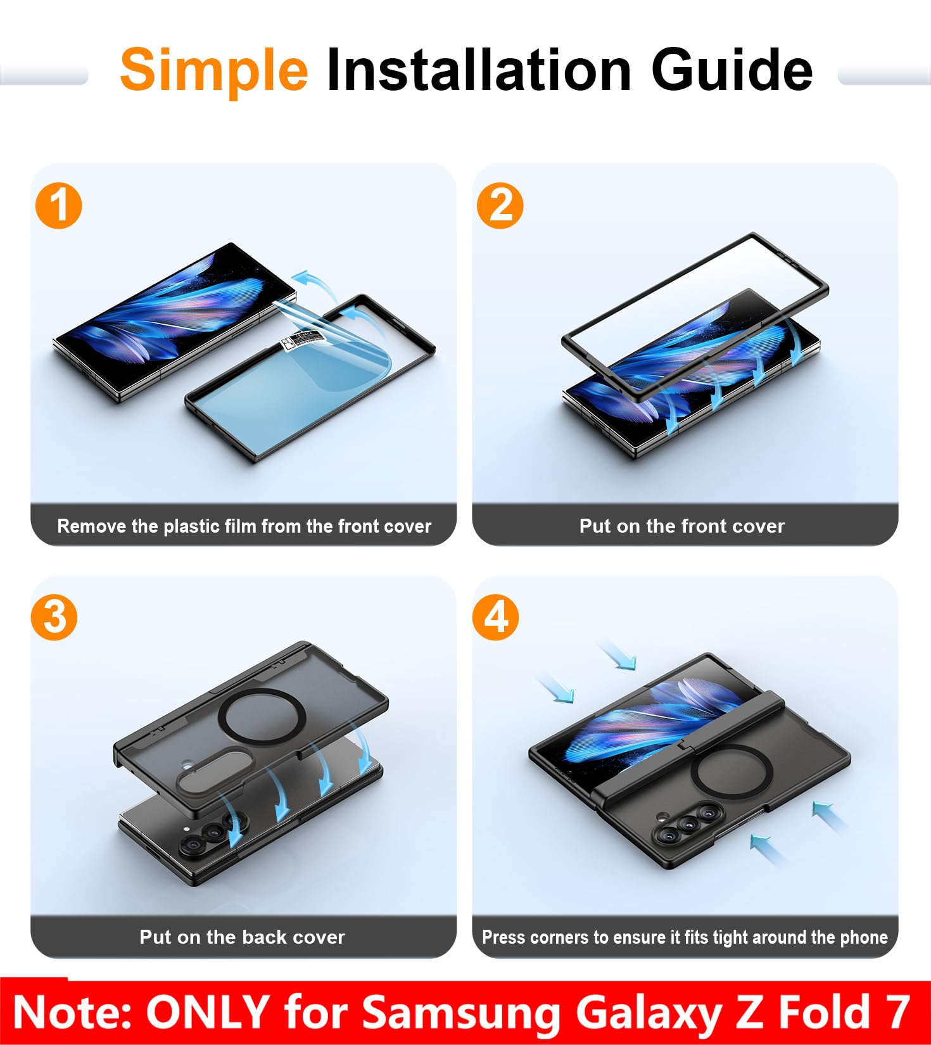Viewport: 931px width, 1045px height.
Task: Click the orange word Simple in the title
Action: (x=213, y=71)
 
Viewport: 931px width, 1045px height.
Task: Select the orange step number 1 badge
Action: (x=59, y=206)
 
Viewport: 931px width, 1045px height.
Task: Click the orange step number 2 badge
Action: (x=500, y=206)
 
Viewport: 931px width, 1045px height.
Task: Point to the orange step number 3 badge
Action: (x=54, y=617)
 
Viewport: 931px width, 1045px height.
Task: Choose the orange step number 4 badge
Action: (x=496, y=617)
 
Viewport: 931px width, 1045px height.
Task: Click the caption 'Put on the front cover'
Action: (x=682, y=526)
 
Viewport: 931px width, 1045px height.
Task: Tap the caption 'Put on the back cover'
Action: (x=243, y=937)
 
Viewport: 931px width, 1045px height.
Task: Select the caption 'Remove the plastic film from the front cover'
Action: (x=244, y=526)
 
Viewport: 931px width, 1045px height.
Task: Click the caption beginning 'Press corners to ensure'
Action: (x=685, y=937)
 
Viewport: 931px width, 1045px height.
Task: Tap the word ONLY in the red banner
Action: (x=208, y=1011)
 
